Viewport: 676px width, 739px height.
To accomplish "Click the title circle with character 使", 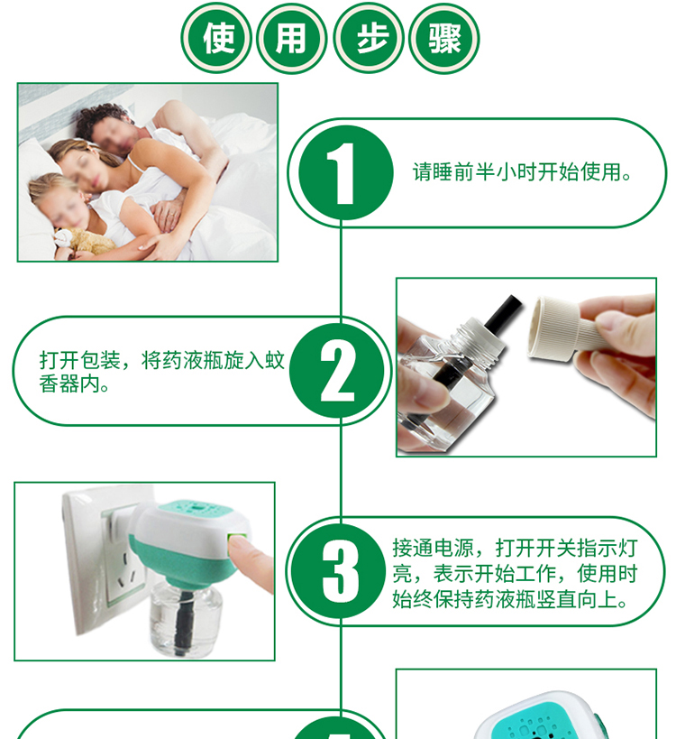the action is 216,38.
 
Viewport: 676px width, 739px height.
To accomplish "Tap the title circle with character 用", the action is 292,38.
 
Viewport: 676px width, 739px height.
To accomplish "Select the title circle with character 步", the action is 368,38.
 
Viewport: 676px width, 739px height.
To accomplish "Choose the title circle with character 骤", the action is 444,38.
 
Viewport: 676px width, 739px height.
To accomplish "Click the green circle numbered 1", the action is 346,172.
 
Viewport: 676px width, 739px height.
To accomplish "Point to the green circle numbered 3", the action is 339,571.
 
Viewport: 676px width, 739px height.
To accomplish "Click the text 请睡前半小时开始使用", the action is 516,172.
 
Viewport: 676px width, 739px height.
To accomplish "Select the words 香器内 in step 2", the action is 69,384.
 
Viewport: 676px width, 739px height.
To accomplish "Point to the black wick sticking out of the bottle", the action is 503,312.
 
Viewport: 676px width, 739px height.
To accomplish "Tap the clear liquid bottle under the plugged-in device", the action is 185,618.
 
